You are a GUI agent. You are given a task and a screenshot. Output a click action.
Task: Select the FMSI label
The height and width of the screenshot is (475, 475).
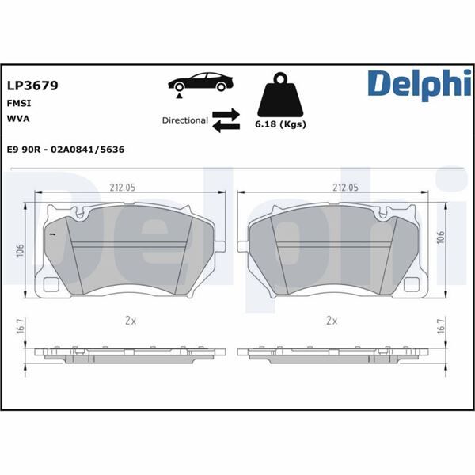[19, 103]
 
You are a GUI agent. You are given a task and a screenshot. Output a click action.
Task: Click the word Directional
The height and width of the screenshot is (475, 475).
[184, 121]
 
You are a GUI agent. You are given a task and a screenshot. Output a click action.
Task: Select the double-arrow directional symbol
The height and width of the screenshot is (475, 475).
[226, 121]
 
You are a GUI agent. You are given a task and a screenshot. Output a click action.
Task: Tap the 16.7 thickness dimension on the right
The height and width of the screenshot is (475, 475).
[441, 326]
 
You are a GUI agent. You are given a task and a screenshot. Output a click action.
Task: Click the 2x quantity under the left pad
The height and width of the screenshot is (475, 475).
[131, 321]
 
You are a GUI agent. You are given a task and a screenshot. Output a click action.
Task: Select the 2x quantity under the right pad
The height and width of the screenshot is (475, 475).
[332, 321]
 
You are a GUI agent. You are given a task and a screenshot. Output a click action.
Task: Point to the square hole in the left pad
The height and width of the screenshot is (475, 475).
[53, 286]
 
